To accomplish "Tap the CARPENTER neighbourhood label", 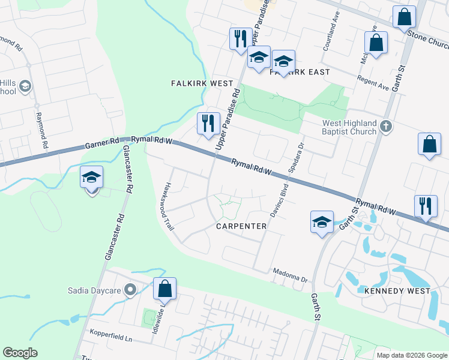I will (242, 226).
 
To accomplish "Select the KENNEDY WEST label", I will (397, 291).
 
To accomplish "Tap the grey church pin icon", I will (386, 127).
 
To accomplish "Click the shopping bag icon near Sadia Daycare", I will (164, 289).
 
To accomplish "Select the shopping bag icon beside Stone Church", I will (405, 17).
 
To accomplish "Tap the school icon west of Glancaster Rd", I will (91, 178).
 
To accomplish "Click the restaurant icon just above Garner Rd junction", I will (209, 124).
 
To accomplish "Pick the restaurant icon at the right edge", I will (426, 206).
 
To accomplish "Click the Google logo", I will (20, 353).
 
